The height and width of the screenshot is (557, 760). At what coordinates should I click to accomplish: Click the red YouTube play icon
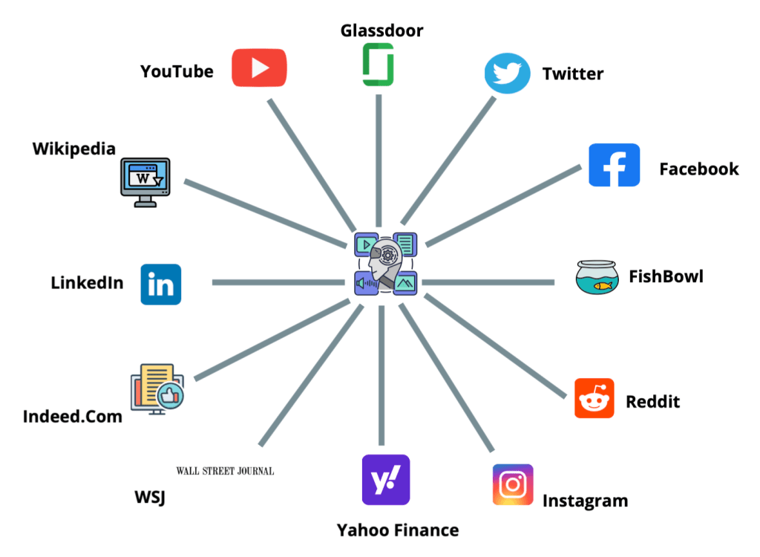pos(259,68)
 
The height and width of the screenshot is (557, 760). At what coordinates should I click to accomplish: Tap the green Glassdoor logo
pos(378,65)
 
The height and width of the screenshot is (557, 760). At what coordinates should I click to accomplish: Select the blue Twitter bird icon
pos(508,73)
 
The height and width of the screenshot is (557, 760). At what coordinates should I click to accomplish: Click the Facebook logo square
pos(614,165)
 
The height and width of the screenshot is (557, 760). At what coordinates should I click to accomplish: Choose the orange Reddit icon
pos(594,399)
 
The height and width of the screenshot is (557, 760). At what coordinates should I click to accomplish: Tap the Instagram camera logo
pos(513,484)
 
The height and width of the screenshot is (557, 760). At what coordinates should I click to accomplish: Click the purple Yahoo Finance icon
pos(385,480)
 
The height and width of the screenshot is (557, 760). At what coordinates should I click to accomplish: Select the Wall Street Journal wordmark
pos(225,471)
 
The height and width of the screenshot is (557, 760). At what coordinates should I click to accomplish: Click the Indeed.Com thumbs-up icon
pos(173,396)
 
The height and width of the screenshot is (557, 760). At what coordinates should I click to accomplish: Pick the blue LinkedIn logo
pos(161,284)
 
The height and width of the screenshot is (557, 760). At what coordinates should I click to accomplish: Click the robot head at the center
pos(385,263)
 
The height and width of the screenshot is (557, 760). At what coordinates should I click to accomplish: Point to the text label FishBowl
pos(666,277)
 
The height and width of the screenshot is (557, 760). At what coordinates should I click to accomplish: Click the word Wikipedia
pos(74,149)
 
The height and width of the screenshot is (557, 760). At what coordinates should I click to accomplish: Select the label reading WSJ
pos(151,497)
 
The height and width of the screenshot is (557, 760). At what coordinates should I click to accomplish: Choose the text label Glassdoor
pos(381,30)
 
